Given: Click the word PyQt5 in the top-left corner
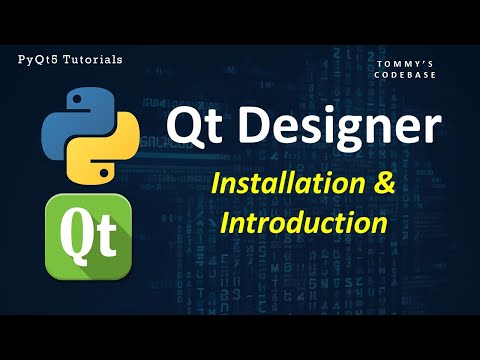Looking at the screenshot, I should [x=38, y=60].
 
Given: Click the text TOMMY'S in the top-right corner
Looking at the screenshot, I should [x=406, y=64].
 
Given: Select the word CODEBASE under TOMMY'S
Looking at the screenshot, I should [x=406, y=76].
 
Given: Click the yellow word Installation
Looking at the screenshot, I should [x=285, y=185].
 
